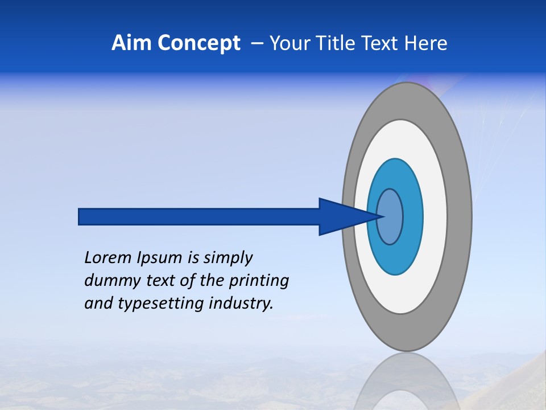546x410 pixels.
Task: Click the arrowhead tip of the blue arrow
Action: (x=382, y=216)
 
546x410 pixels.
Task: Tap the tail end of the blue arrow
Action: (x=80, y=216)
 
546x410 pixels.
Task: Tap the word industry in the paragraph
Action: (x=241, y=304)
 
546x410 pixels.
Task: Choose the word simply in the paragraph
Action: (x=227, y=259)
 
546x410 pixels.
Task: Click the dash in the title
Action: (x=257, y=44)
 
